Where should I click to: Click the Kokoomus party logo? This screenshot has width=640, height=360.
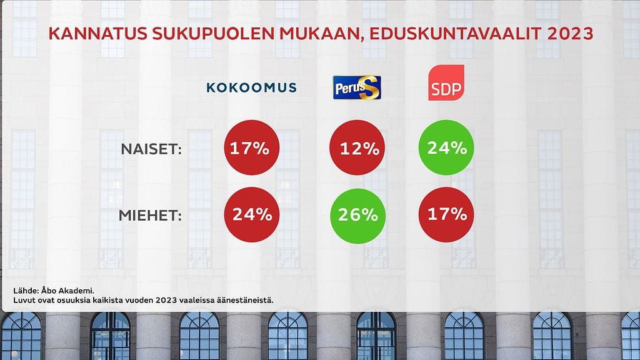[251, 87]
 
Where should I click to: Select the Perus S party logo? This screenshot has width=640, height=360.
[357, 87]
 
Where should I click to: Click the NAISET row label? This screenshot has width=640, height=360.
[151, 149]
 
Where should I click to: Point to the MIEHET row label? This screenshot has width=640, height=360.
[150, 216]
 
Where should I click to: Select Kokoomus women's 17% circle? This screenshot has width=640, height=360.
[251, 148]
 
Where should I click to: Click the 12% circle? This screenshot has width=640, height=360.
[357, 148]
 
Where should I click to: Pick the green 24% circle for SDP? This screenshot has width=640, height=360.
[446, 148]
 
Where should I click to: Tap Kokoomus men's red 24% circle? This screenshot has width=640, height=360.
[251, 214]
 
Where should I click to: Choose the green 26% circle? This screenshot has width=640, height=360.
[357, 214]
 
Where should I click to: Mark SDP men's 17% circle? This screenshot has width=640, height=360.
[446, 214]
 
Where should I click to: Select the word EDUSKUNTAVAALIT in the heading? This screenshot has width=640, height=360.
[446, 34]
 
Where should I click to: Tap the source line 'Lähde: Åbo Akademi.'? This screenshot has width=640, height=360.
[53, 290]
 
